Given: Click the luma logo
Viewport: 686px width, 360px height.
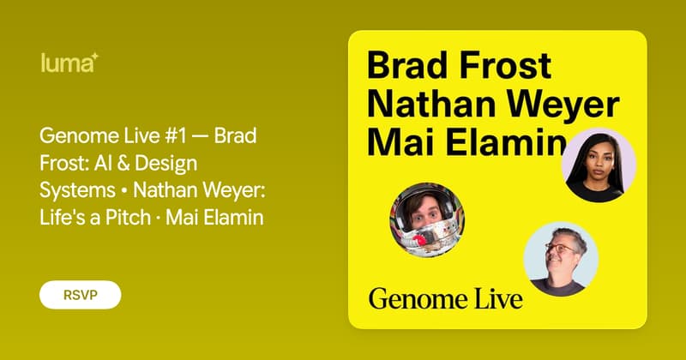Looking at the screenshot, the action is coord(69,63).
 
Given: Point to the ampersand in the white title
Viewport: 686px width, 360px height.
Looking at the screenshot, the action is coord(123,163).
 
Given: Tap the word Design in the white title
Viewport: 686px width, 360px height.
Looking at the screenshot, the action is coord(165,164).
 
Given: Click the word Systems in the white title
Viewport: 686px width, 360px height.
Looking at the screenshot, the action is coord(77,191).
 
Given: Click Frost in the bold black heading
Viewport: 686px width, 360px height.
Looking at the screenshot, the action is coord(505,66).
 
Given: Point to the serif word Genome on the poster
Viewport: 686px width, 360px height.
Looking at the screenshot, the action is coord(412,300).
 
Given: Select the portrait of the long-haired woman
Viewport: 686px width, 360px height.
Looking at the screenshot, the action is coord(599,165).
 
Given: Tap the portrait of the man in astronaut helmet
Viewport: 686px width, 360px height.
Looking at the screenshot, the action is coord(427,219).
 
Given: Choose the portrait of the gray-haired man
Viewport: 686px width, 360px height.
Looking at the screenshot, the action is coord(562,260).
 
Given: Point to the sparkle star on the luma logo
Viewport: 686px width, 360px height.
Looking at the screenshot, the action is coord(95,57).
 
